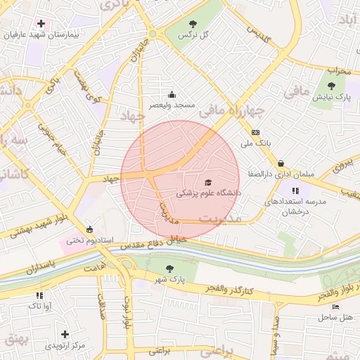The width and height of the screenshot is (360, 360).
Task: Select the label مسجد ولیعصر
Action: pyautogui.click(x=172, y=104)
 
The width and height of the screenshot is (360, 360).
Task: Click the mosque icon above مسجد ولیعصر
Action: pyautogui.click(x=172, y=95)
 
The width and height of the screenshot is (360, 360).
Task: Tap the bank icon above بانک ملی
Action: pyautogui.click(x=255, y=133)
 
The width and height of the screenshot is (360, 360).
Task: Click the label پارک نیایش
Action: pyautogui.click(x=332, y=96)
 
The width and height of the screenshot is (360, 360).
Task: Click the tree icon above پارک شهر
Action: pyautogui.click(x=169, y=269)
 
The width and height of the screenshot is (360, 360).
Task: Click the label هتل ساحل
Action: pyautogui.click(x=335, y=317)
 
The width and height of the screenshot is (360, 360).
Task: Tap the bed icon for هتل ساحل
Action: pyautogui.click(x=335, y=307)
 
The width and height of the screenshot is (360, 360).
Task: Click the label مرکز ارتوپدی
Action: pyautogui.click(x=65, y=345)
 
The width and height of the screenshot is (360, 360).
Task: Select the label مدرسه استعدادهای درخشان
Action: pyautogui.click(x=295, y=205)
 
